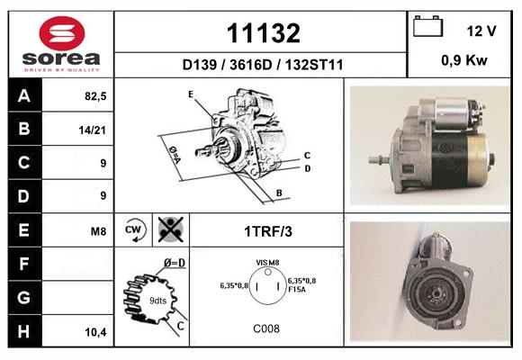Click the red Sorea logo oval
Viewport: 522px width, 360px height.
(62, 33)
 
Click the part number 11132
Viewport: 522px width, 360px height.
(264, 33)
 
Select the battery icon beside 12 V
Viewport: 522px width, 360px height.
(427, 26)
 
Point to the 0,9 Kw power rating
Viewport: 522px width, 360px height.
(464, 60)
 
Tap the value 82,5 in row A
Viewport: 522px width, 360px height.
(95, 96)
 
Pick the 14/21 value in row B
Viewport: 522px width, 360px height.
(92, 130)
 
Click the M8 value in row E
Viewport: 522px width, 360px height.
(98, 230)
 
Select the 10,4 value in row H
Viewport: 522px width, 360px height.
(96, 332)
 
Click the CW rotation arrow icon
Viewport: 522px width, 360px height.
(133, 229)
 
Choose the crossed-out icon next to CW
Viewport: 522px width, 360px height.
(171, 229)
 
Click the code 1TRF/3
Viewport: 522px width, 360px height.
(268, 231)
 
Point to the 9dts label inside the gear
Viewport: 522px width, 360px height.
(157, 301)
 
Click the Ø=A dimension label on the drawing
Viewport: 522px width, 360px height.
(175, 155)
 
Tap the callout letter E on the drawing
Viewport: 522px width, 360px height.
(191, 94)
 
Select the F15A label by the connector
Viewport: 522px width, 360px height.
(297, 290)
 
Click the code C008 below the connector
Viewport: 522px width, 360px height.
(266, 328)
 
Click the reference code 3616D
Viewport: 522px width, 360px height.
(251, 65)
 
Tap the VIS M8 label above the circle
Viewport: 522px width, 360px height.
(267, 263)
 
